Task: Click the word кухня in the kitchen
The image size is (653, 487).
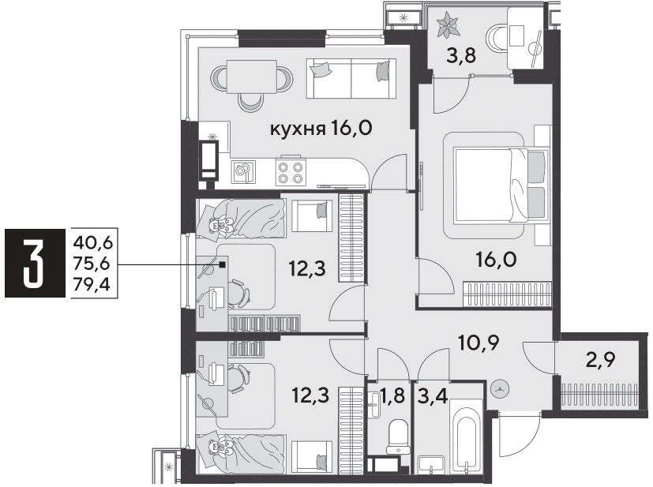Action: point(298,129)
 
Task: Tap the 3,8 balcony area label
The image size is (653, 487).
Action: point(461,55)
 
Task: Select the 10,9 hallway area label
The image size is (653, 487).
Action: point(478,343)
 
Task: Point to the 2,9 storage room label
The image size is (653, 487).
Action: point(601,360)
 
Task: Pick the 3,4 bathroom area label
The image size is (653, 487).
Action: point(432,395)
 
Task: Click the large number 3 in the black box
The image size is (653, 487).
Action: point(35,264)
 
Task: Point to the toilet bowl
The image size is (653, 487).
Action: point(398,436)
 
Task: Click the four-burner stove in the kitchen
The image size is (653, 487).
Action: point(291,173)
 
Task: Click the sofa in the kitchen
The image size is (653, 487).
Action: point(351,78)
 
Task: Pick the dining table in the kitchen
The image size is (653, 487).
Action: point(252,77)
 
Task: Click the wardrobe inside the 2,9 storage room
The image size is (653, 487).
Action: point(599,393)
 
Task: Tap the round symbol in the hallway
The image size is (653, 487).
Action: point(499,389)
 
